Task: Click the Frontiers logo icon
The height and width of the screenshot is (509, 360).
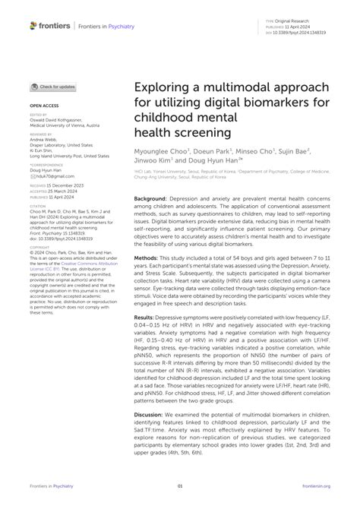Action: coord(33,26)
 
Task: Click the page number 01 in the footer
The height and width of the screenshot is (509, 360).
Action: coord(180,485)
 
